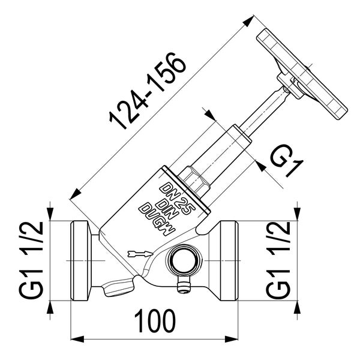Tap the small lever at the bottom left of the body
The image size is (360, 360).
[x=117, y=289]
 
